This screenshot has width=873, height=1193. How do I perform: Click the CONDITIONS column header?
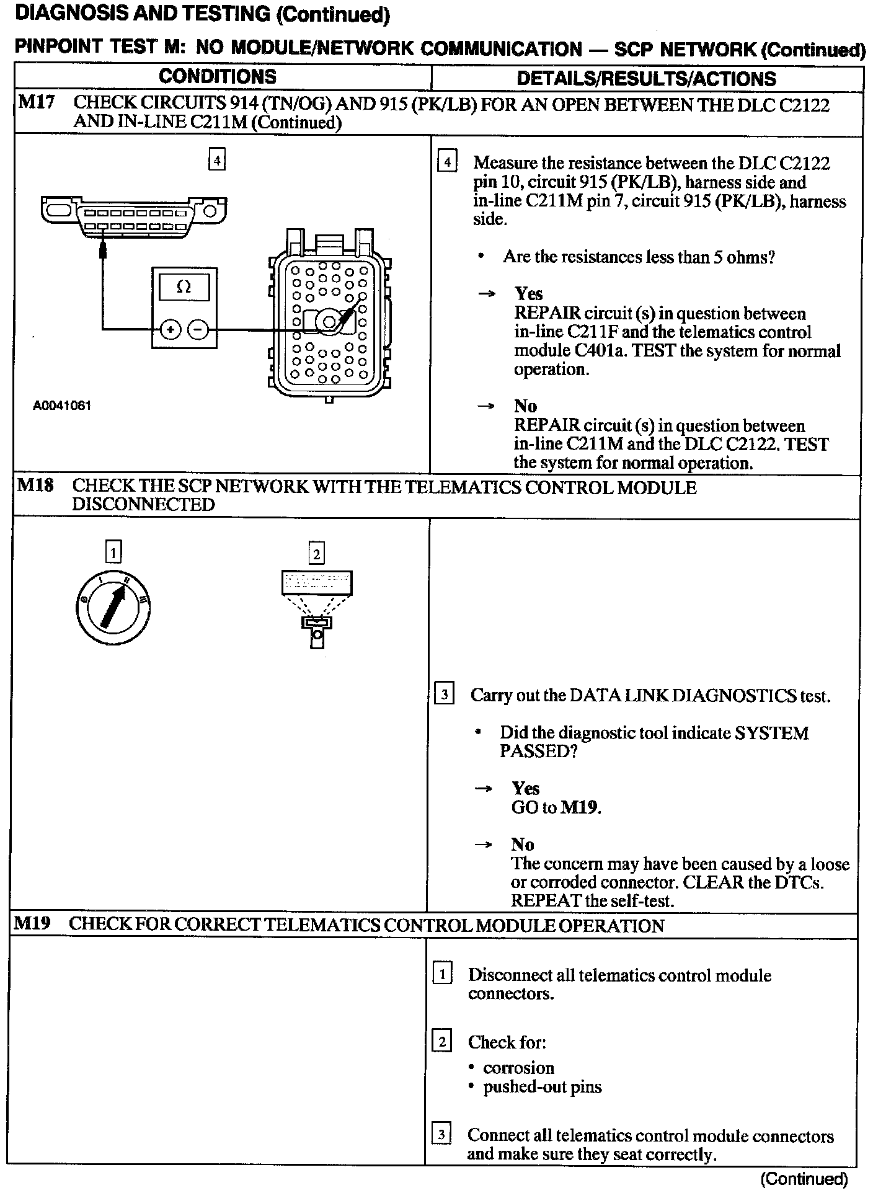218,77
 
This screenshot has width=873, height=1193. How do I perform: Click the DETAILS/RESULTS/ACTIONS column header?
646,79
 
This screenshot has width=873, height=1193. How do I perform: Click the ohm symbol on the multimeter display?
184,287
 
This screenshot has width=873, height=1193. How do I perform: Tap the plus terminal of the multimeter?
171,329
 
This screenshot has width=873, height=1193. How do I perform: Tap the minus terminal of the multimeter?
198,329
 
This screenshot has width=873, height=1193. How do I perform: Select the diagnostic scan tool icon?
316,608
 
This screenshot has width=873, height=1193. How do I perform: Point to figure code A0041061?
62,406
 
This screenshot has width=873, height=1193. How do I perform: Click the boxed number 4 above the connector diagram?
216,160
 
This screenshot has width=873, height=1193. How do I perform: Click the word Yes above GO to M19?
525,788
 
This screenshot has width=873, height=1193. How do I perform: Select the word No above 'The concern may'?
522,844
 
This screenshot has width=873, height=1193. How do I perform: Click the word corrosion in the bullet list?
518,1068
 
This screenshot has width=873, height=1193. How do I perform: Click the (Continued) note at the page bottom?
804,1178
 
